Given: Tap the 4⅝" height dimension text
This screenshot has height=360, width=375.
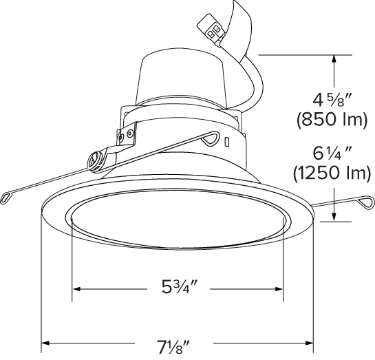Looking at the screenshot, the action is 332,100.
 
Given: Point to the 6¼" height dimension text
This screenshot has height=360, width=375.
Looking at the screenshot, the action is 332,153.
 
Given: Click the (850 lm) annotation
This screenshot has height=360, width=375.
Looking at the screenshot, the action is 332,120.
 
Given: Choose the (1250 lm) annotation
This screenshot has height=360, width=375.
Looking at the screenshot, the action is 332,173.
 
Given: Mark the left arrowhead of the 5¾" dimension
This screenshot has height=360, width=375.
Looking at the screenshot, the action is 76,289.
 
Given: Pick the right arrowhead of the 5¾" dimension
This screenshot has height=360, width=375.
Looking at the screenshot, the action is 279,289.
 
